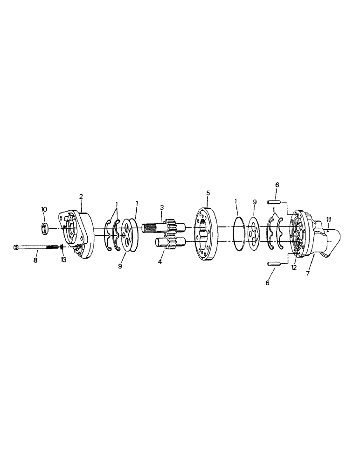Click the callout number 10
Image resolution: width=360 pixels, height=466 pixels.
[44, 210]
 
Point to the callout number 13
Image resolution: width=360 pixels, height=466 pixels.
[63, 260]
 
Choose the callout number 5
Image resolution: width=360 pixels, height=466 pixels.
[208, 192]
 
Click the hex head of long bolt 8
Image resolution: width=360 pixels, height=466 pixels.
[17, 247]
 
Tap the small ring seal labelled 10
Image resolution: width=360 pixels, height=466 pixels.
[45, 228]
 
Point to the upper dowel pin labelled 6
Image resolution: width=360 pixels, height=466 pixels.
[272, 202]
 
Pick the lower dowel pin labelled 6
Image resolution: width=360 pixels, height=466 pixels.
[273, 264]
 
